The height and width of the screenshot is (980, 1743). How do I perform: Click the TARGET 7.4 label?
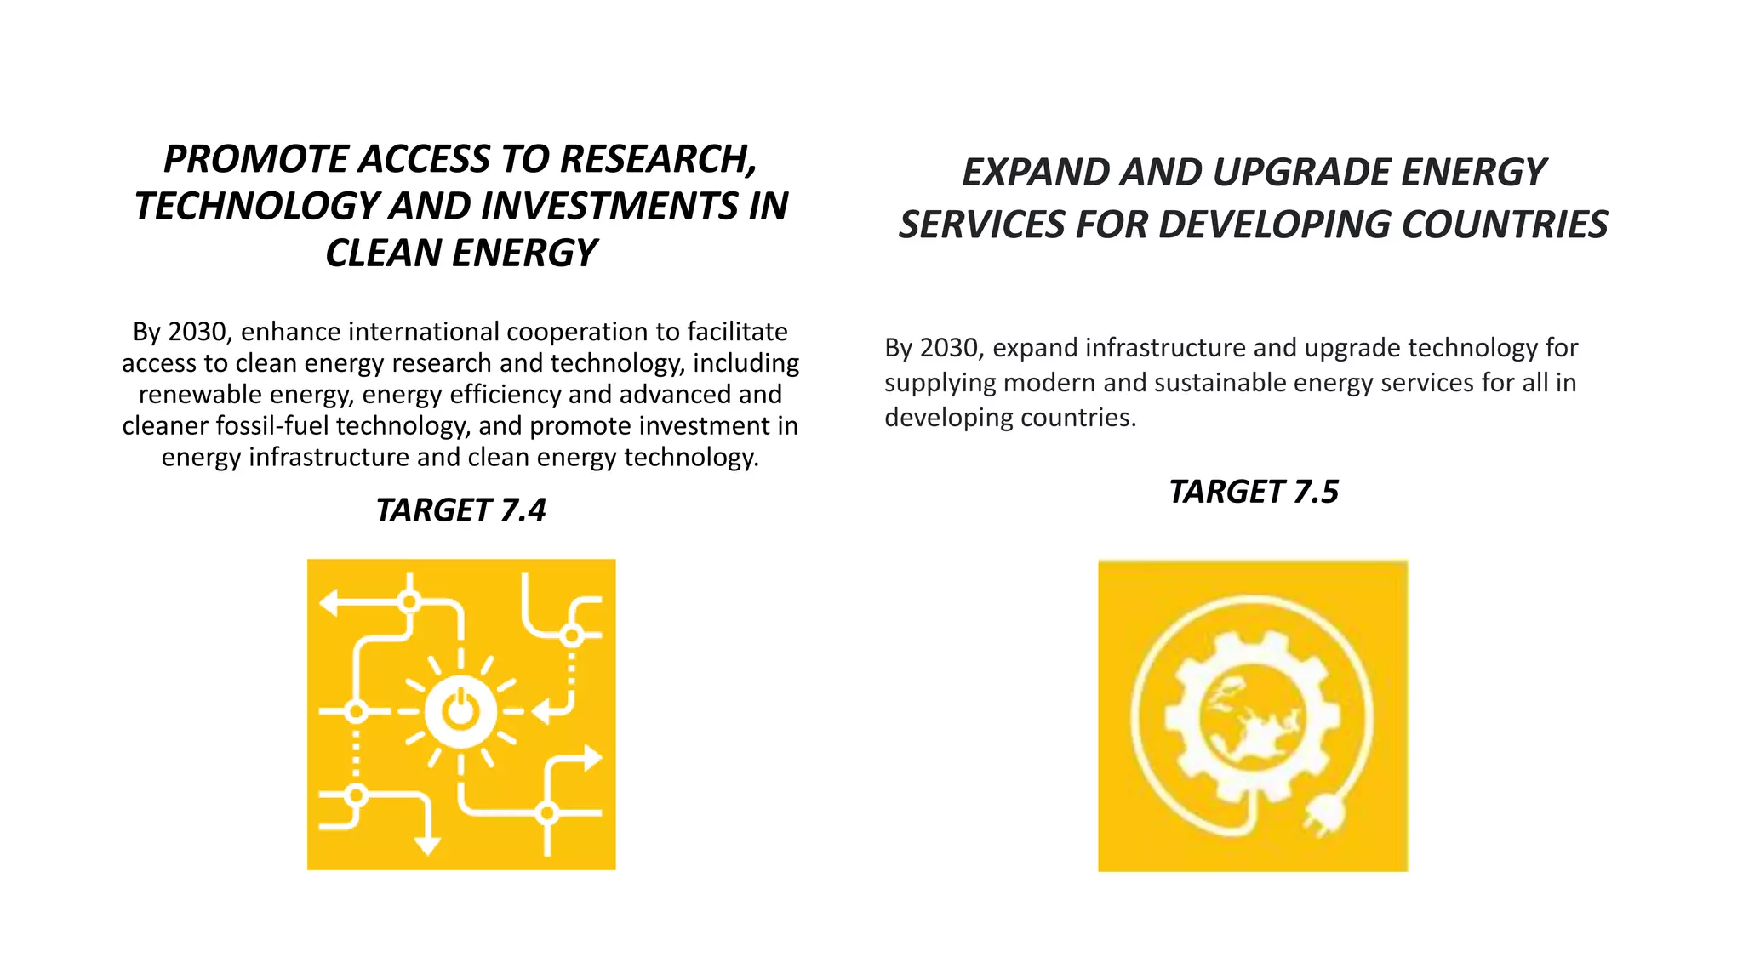(460, 510)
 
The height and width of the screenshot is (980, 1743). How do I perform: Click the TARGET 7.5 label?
(1253, 492)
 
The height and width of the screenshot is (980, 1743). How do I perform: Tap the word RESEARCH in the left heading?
(658, 159)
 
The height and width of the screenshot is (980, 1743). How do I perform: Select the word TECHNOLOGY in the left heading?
(256, 206)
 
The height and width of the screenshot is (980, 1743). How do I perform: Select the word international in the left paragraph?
(434, 332)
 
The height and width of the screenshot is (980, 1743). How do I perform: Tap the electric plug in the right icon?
(1323, 818)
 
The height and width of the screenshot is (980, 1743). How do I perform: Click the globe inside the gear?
(1251, 717)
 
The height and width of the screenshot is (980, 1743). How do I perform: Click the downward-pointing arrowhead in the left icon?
(427, 845)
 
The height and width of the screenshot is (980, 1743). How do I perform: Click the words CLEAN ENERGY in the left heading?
(460, 253)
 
